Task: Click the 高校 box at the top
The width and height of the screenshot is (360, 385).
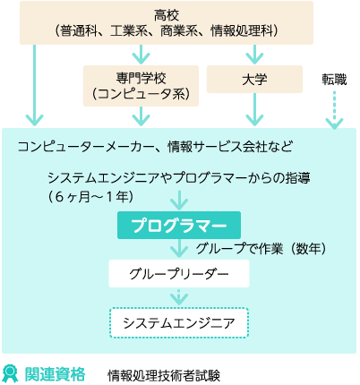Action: click(167, 23)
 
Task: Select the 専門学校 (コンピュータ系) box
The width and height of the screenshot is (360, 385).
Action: click(141, 86)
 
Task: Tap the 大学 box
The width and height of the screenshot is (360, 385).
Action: click(254, 80)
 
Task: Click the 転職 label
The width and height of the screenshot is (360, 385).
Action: click(334, 80)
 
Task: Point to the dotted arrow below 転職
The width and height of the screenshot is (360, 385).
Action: click(334, 110)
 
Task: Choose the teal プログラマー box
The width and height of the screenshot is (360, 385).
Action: click(179, 226)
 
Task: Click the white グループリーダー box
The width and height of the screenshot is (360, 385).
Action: click(179, 274)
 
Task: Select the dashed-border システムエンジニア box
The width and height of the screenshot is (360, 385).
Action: click(179, 323)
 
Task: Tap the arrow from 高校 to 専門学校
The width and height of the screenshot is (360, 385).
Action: click(141, 55)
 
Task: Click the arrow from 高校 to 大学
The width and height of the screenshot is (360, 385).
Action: click(254, 55)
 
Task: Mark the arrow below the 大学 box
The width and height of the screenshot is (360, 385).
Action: click(254, 109)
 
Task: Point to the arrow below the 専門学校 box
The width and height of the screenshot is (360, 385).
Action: click(141, 116)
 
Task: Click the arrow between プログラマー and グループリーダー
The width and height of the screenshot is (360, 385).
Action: click(179, 248)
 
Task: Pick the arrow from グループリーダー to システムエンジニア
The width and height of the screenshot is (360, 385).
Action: click(179, 297)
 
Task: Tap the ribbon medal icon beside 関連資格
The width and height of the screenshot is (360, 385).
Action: click(10, 373)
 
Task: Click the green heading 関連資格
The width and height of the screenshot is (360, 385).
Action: click(55, 373)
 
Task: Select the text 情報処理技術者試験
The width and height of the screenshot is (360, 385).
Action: click(164, 375)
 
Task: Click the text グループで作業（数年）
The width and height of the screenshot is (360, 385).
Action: click(261, 248)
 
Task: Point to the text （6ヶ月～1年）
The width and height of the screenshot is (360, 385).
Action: click(90, 197)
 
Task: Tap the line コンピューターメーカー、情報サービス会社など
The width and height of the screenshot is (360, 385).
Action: click(155, 147)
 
